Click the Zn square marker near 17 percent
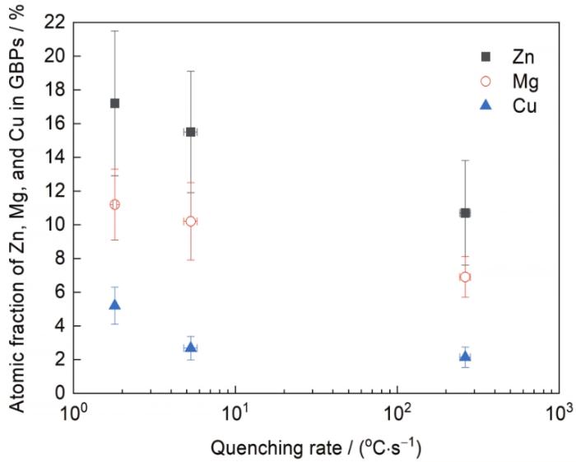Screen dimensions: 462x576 click(x=114, y=103)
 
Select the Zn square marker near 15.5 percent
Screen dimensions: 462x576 click(x=191, y=132)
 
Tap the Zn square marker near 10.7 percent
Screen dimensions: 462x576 click(x=465, y=212)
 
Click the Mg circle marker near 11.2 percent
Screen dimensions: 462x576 click(x=114, y=204)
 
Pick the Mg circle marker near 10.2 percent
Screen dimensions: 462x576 click(x=191, y=222)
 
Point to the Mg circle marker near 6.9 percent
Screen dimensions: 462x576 click(x=465, y=277)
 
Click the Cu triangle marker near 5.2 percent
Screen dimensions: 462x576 click(x=114, y=305)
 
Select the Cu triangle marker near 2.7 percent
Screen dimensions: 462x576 click(x=191, y=348)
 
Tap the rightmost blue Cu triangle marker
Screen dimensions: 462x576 click(x=465, y=356)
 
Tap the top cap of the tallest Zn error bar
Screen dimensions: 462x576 click(x=114, y=30)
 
